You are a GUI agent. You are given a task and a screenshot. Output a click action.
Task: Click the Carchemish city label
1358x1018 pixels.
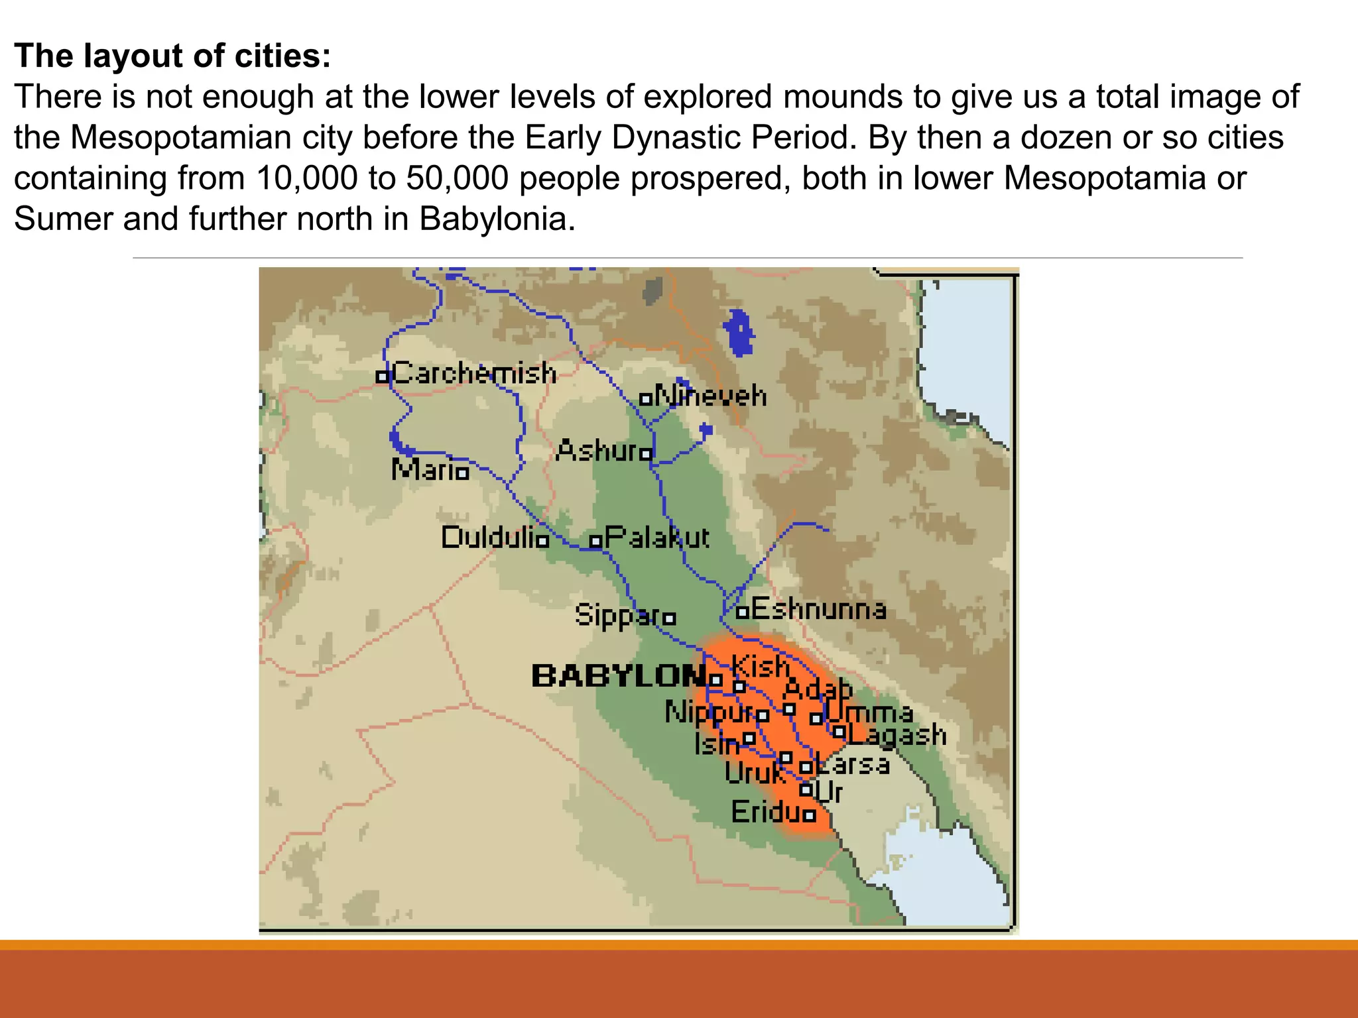click(x=474, y=373)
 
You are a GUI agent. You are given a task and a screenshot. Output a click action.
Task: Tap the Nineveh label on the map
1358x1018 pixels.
click(x=711, y=396)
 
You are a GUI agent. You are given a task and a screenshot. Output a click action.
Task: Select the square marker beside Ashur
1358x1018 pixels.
click(x=646, y=454)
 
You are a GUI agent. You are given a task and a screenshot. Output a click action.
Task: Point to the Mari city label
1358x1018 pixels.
click(x=423, y=470)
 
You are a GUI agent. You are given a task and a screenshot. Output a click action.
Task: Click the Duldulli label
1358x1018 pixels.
click(x=491, y=537)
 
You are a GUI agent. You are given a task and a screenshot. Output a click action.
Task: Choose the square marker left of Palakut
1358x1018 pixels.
click(x=595, y=541)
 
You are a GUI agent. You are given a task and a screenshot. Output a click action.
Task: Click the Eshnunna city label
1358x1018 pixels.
click(x=819, y=609)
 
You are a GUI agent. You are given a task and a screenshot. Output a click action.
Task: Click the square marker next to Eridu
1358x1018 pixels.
click(x=809, y=816)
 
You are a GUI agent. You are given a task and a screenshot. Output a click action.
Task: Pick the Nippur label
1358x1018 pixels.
click(x=709, y=712)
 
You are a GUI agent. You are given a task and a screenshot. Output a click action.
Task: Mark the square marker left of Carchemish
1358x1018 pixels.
click(x=382, y=376)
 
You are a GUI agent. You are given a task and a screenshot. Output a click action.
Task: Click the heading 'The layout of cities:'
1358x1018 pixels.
click(x=172, y=56)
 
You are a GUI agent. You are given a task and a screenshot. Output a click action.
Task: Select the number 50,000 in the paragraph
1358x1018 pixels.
click(x=458, y=178)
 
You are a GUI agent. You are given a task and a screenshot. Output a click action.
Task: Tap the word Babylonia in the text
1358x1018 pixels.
click(x=497, y=219)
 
